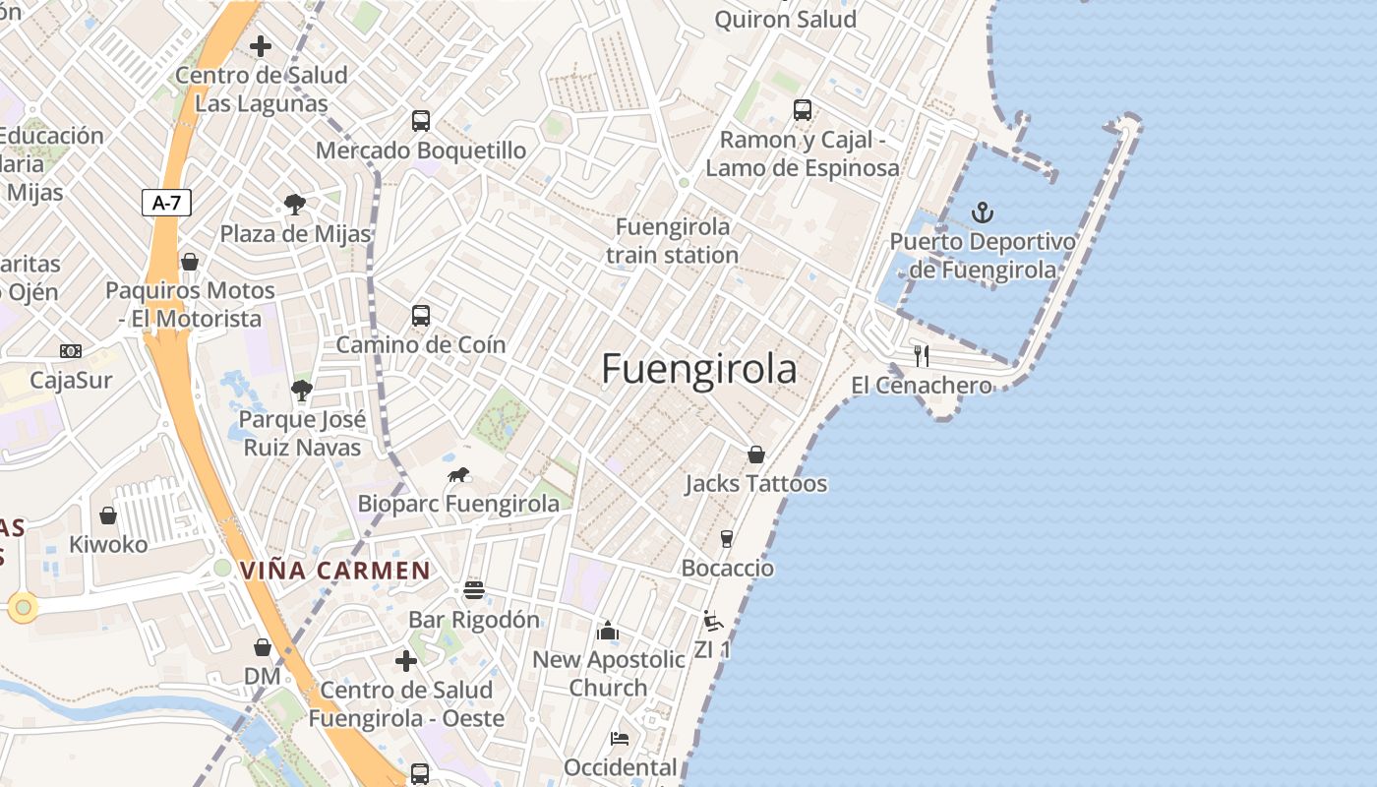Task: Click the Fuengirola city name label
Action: [698, 369]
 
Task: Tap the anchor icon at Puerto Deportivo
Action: [982, 212]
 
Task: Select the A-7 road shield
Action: [166, 204]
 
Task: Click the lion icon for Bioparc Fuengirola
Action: [458, 475]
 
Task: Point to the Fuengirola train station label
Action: [673, 241]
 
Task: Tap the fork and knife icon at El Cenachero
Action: [922, 355]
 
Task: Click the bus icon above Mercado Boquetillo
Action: [421, 121]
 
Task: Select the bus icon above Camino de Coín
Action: [421, 316]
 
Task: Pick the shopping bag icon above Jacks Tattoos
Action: [755, 454]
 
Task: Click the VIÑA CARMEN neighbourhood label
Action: [335, 571]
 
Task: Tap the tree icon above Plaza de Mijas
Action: [294, 205]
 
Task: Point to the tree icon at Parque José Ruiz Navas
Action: [302, 391]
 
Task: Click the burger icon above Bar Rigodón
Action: [474, 590]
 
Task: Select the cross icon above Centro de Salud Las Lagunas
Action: [261, 46]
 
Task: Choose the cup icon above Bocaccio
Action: [727, 539]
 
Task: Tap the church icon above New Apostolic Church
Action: [608, 631]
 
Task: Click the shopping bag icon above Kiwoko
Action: [108, 515]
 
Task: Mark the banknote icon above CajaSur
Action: [71, 351]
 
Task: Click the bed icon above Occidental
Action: [620, 739]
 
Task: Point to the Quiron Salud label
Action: [785, 20]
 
